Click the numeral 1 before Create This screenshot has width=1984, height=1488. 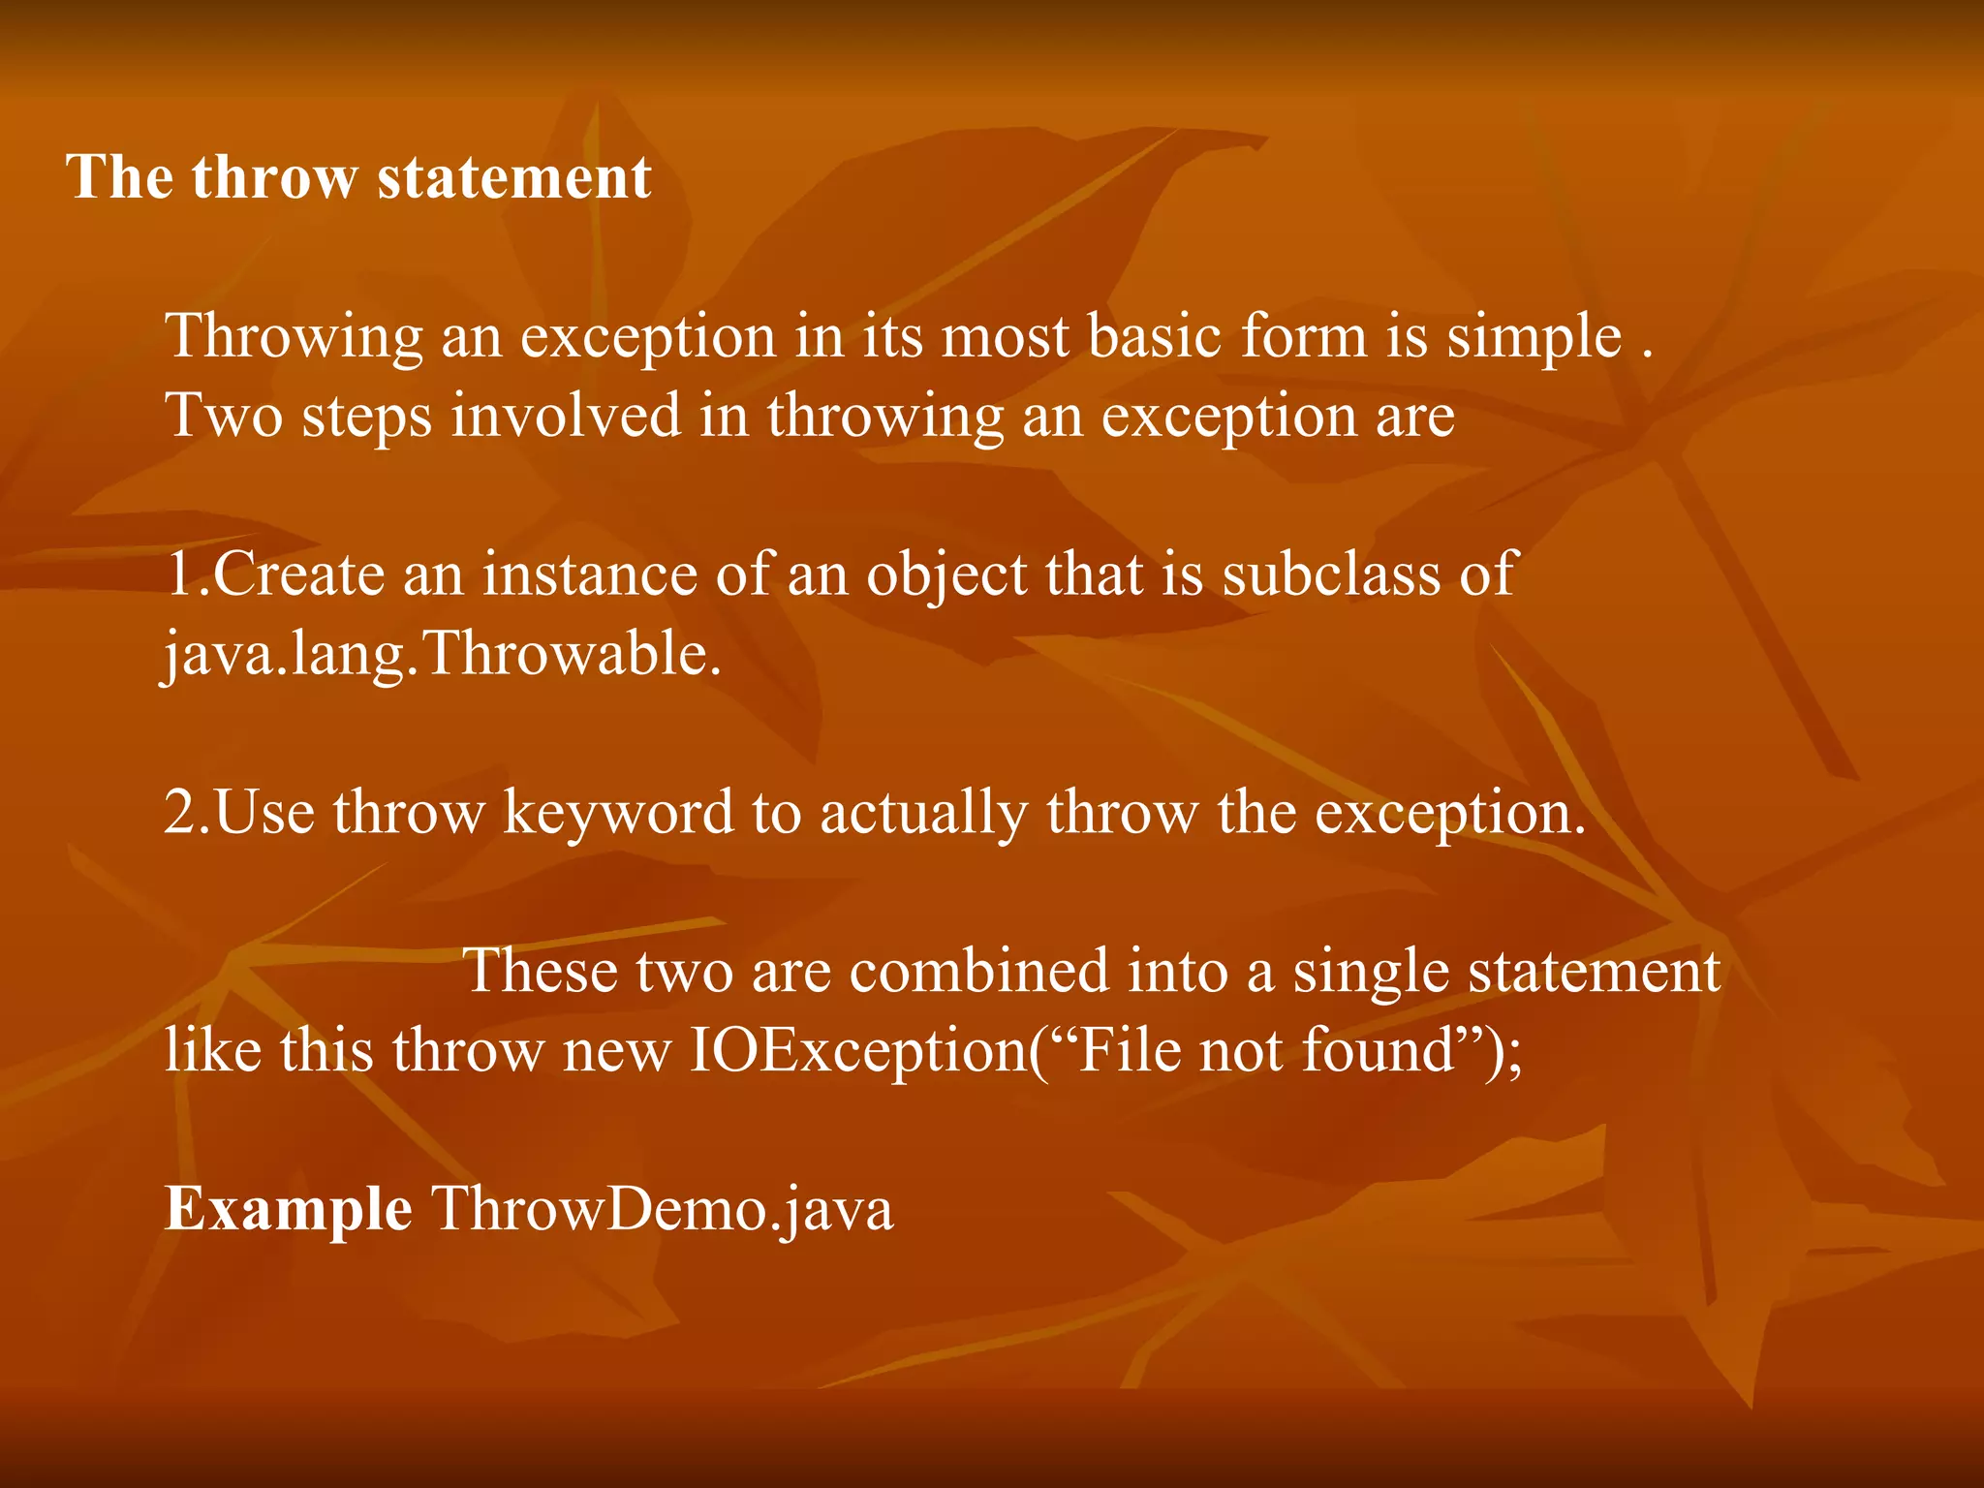179,573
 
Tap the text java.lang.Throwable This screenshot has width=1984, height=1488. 442,655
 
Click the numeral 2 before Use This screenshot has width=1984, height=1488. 181,812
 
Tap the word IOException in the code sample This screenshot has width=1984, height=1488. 858,1052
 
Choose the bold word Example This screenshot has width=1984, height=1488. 288,1211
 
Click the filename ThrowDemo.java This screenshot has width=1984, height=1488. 662,1211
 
